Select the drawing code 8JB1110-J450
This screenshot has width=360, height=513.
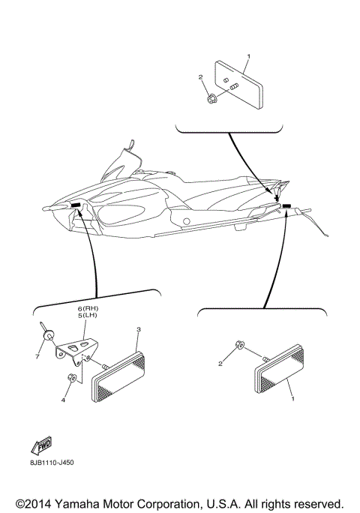click(46, 462)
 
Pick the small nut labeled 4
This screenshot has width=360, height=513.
click(71, 376)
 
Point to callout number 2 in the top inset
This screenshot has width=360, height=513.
click(201, 77)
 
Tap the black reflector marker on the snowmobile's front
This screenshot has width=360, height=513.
click(76, 205)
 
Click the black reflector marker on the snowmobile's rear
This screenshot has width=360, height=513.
click(287, 204)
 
